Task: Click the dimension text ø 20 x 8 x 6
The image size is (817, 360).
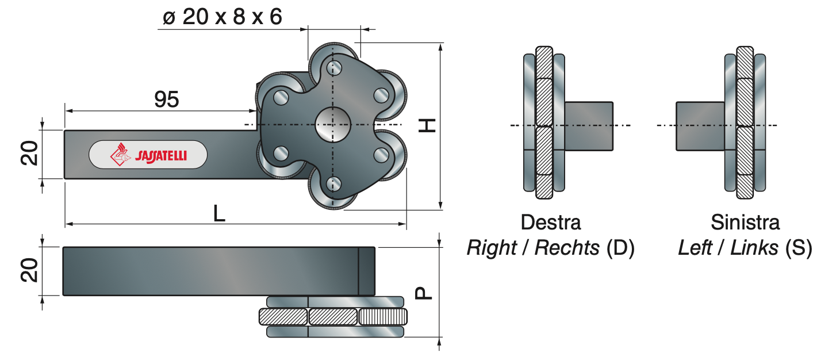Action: (x=223, y=17)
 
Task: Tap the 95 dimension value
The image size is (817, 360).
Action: (x=167, y=99)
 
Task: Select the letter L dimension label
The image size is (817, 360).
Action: (x=219, y=213)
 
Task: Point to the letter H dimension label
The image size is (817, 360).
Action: (x=427, y=125)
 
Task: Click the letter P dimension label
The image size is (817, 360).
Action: (x=424, y=293)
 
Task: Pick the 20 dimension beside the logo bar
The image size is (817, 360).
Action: (x=29, y=153)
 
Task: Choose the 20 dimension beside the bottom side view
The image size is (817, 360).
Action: (x=29, y=270)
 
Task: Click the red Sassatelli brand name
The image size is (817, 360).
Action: (x=161, y=156)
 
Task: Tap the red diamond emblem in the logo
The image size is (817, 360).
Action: (x=120, y=154)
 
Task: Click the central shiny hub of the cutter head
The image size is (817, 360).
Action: (x=333, y=125)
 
